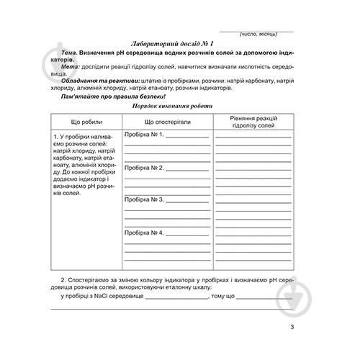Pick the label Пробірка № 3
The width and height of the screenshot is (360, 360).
pyautogui.click(x=145, y=199)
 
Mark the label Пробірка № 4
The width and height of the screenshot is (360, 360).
pyautogui.click(x=145, y=232)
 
